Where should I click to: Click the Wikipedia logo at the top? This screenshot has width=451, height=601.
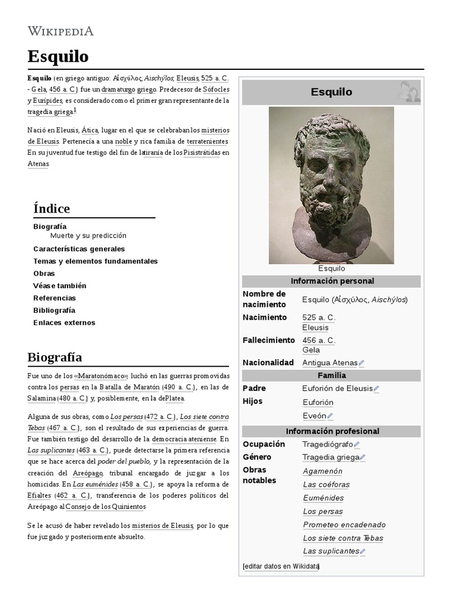60,31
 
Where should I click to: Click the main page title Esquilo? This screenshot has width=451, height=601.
58,56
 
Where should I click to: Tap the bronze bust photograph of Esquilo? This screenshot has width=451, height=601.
331,185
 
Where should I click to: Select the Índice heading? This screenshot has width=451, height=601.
52,208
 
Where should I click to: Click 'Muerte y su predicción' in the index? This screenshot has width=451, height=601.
88,235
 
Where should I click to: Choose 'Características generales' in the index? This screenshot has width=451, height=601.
79,249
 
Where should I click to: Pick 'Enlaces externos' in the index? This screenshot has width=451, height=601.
64,322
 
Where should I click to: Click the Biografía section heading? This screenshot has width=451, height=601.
55,357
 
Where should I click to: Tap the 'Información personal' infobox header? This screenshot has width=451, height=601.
331,281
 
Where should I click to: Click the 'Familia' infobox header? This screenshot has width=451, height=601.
331,375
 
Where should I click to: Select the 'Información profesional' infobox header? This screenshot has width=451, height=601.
331,431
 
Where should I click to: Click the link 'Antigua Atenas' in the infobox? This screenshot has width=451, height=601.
329,363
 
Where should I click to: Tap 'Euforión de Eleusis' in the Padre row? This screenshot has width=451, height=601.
337,389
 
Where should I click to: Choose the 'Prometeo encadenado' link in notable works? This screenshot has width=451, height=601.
344,525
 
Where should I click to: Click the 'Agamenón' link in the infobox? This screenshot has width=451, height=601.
322,471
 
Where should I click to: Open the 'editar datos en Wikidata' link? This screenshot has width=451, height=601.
281,566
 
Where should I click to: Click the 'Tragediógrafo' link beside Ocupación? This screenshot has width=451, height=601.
327,444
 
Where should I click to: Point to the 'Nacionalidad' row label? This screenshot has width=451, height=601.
268,363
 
